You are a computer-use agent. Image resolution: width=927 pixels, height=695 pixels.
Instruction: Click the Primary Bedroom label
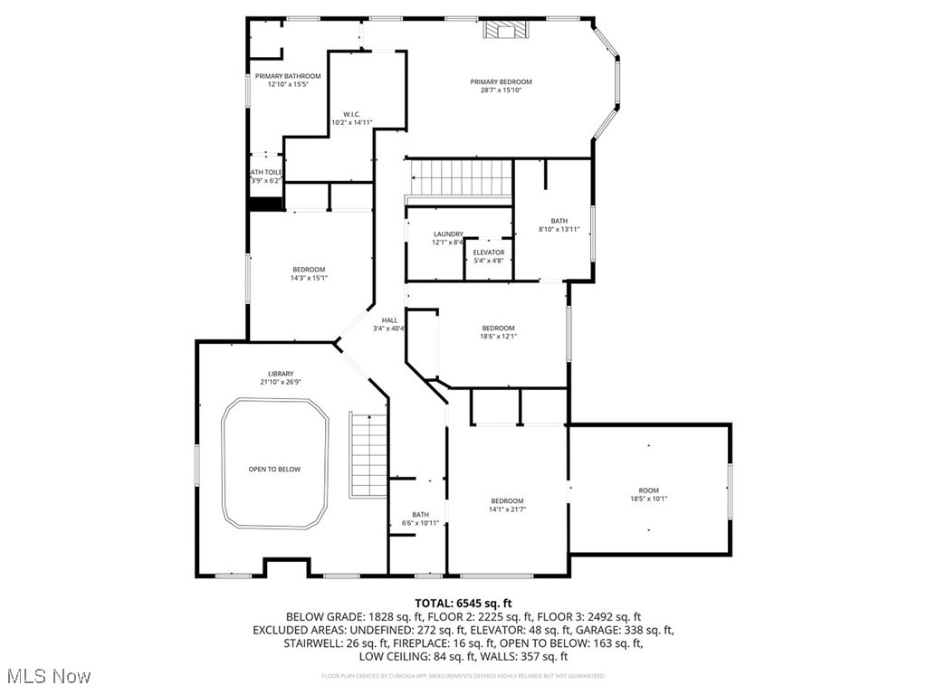[x=501, y=81]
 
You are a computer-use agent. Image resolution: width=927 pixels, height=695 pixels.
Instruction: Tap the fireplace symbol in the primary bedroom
[x=503, y=30]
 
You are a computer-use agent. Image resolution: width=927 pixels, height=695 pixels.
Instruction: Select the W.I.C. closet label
[x=352, y=114]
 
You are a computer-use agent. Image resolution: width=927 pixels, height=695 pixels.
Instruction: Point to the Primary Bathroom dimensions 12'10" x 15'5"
[x=288, y=84]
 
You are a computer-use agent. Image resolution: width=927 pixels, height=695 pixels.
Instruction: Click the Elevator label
[x=488, y=252]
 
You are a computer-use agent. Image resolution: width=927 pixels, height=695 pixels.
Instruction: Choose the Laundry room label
[x=448, y=233]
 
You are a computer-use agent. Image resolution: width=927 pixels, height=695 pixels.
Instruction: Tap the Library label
[x=281, y=374]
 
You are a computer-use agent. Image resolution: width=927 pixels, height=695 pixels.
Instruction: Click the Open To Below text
[x=274, y=469]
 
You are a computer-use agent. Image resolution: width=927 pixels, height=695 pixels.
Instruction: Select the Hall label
[x=389, y=320]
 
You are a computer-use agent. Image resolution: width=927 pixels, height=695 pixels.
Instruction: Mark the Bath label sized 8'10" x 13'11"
[x=559, y=221]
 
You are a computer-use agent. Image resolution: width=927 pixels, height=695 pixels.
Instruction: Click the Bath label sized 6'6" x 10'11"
[x=420, y=514]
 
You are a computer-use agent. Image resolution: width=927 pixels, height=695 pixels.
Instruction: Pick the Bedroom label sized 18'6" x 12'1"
[x=498, y=328]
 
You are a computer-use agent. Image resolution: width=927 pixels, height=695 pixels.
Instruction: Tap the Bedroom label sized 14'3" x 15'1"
[x=309, y=270]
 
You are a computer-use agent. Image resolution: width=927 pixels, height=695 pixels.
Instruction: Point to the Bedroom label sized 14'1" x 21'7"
[x=507, y=501]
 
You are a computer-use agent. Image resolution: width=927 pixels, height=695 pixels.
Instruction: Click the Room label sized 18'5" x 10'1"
[x=648, y=490]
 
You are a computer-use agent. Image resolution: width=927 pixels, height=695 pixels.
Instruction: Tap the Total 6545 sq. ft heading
[x=463, y=603]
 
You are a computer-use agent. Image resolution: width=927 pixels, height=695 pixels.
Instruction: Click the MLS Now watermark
[x=48, y=676]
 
